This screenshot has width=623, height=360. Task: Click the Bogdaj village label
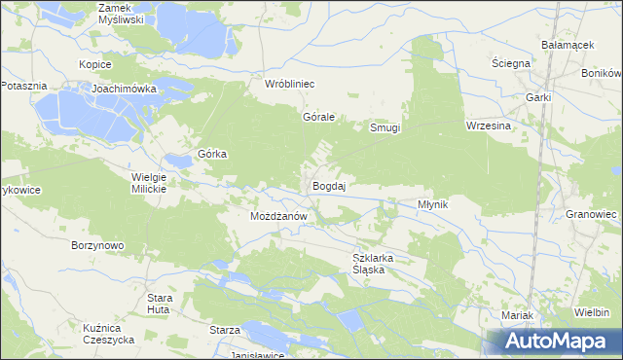330,185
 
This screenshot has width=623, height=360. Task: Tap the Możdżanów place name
279,216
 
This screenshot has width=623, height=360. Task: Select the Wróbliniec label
290,84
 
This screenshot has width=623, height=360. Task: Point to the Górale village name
318,117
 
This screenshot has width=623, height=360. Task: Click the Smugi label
385,127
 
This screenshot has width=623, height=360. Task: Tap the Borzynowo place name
97,245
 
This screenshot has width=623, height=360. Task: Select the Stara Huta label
160,303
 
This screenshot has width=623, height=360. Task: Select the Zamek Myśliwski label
122,13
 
